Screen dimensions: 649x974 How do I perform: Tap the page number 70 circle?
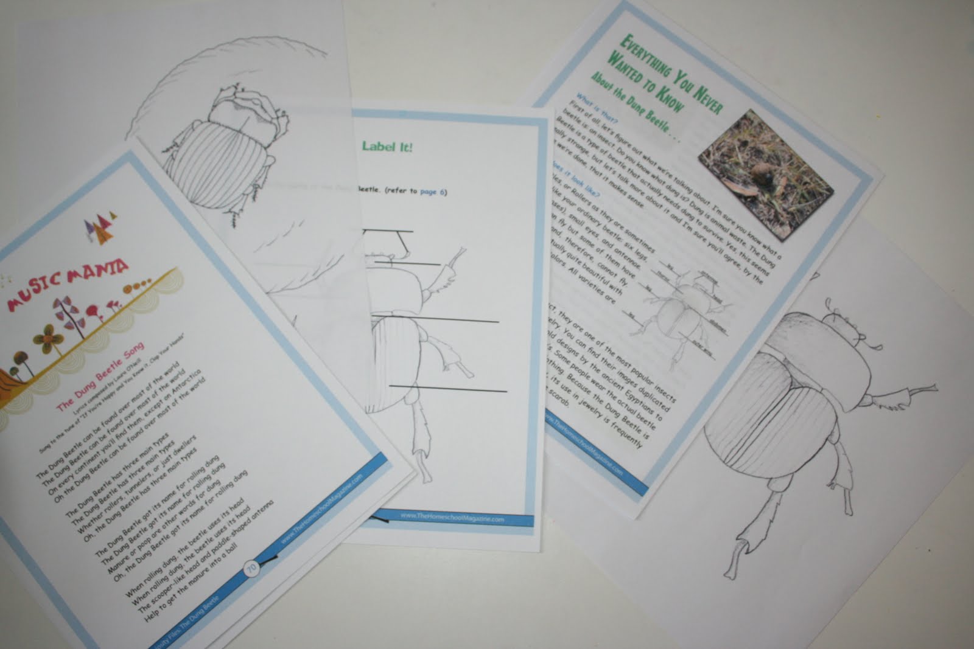pyautogui.click(x=251, y=568)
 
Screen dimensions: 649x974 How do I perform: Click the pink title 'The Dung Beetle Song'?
pyautogui.click(x=100, y=377)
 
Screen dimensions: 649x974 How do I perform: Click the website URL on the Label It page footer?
pyautogui.click(x=452, y=518)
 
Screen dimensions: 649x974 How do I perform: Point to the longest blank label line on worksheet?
pyautogui.click(x=435, y=321)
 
